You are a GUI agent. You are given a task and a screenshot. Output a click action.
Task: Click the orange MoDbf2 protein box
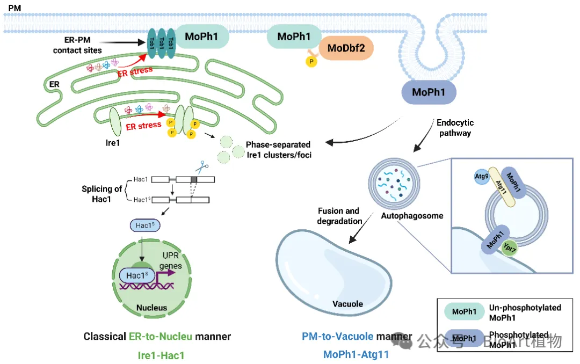point(346,49)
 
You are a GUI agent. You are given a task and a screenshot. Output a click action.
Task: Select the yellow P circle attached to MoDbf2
point(311,62)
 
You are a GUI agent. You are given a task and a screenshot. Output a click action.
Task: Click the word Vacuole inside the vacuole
point(347,304)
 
